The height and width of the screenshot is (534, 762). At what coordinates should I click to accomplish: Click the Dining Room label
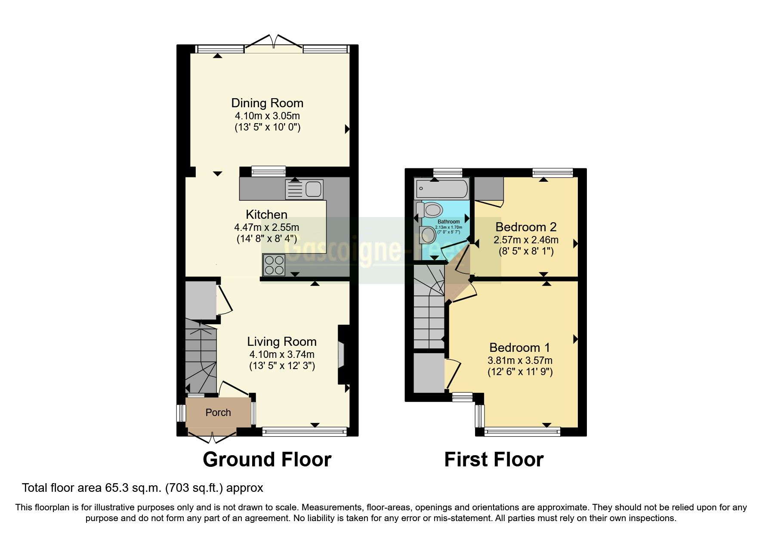(267, 103)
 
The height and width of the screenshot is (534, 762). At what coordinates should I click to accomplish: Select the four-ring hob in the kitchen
(274, 265)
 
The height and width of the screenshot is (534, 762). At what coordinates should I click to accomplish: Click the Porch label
(218, 413)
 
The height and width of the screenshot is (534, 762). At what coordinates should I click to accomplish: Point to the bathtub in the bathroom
(442, 189)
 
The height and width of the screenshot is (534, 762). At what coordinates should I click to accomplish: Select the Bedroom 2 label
(526, 227)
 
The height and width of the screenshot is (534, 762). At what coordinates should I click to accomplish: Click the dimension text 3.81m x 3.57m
(520, 360)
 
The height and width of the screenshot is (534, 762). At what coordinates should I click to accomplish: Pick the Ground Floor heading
(267, 459)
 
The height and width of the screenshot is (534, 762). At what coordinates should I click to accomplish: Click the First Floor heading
(494, 459)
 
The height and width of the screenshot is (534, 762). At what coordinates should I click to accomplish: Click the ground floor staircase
(201, 356)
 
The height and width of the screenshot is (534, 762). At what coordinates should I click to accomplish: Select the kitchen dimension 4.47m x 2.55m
(266, 227)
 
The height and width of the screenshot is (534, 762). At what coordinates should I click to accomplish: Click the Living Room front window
(304, 432)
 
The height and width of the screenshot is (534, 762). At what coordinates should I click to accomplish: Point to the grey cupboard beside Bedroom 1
(429, 373)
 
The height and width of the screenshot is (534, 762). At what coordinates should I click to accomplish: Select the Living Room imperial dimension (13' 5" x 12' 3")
(282, 366)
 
